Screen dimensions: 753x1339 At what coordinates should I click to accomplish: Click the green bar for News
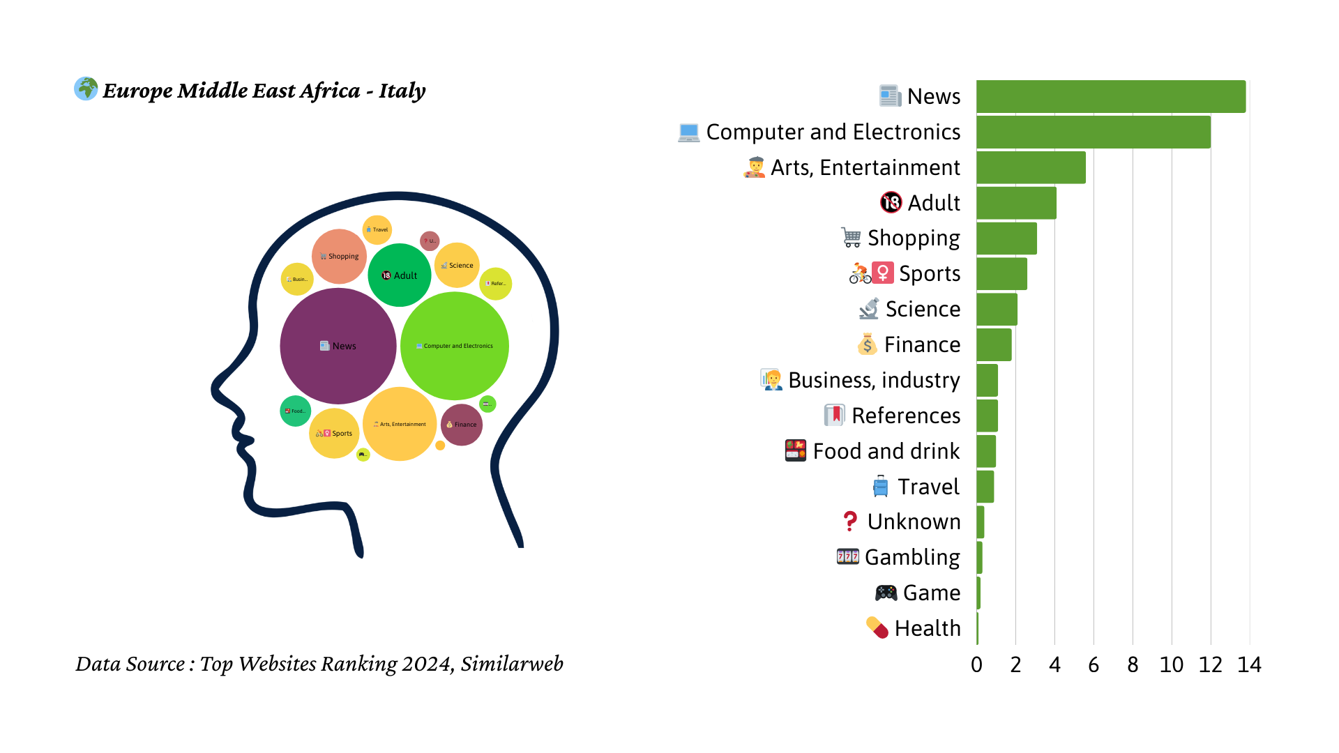1110,96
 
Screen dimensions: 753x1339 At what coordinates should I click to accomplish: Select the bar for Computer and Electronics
1093,132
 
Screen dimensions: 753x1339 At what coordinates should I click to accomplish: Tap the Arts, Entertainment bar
1031,167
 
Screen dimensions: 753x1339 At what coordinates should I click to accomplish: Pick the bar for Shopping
1006,238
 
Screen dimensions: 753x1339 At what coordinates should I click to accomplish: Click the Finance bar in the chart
994,344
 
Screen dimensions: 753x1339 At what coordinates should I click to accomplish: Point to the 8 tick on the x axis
1133,664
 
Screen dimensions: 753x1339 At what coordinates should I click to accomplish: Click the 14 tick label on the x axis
1249,664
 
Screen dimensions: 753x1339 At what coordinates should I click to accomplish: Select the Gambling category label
912,557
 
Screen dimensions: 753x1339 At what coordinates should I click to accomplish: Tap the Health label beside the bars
928,628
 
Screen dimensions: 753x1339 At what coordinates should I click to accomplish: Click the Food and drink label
886,451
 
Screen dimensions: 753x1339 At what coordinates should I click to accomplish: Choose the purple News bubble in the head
338,346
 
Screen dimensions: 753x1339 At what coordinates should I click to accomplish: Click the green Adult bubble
400,275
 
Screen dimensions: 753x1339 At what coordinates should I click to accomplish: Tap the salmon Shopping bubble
339,256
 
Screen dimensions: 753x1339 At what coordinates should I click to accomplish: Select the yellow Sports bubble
334,433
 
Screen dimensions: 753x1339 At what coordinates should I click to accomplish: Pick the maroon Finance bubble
462,424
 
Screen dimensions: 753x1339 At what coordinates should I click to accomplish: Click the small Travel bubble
377,229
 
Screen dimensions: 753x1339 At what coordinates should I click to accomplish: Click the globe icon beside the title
86,89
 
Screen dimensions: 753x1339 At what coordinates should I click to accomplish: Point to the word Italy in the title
402,91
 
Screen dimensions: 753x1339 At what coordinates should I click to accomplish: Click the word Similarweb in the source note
511,664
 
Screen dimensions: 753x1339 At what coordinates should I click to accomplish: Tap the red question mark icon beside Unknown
849,522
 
